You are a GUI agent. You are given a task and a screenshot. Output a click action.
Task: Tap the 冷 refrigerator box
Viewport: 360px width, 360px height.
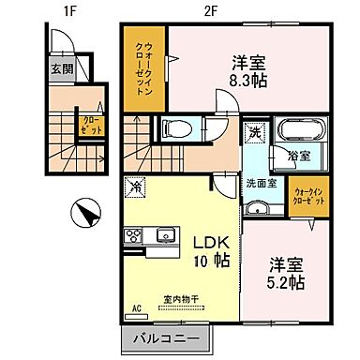coord(138,186)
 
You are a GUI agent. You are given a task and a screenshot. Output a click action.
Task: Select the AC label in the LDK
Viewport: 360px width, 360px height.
coord(136,307)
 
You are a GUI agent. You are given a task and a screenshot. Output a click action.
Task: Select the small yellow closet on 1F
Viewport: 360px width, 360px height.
coord(91,125)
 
